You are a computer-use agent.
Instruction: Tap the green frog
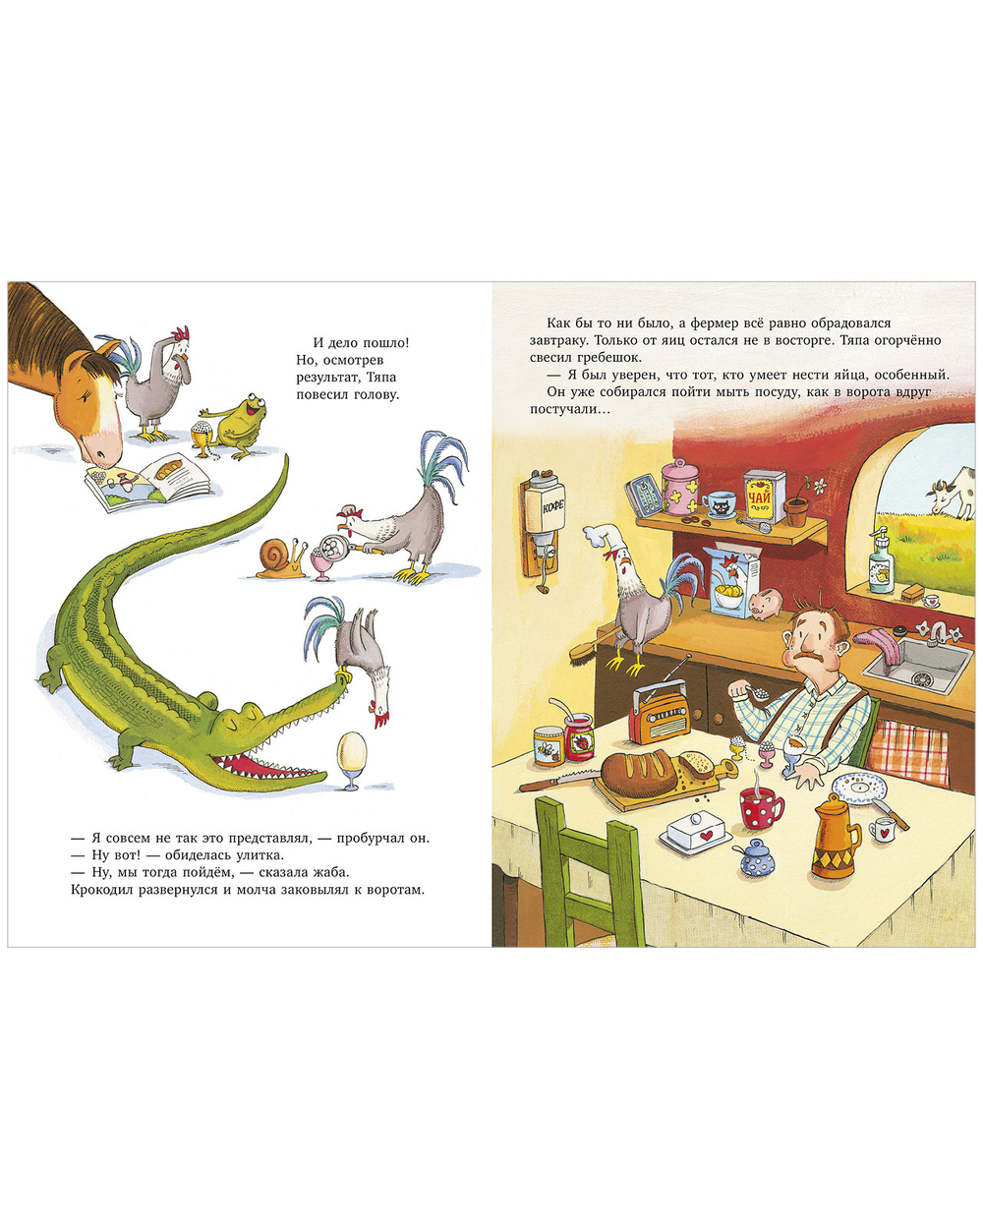coord(237,426)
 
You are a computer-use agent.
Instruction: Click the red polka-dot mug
coord(762,807)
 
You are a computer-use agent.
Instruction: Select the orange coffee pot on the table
coord(837,835)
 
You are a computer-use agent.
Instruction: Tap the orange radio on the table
coord(659,715)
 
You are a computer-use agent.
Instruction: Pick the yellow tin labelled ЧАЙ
coord(764,497)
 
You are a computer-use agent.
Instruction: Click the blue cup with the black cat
coord(719,504)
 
